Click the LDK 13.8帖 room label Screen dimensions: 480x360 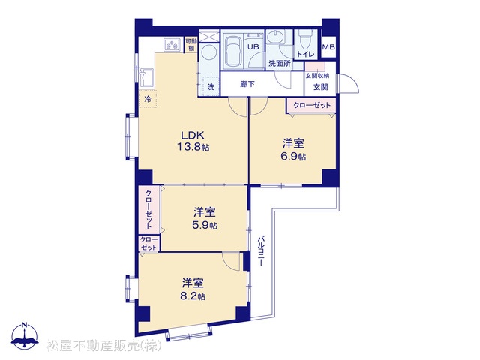coord(193,141)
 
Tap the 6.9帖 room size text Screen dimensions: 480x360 coord(293,157)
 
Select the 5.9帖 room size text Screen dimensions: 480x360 coord(205,225)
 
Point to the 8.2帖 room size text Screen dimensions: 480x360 coord(193,296)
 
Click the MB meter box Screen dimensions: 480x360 coord(328,47)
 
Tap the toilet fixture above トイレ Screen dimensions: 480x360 coord(305,39)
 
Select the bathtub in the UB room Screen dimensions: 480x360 coord(233,51)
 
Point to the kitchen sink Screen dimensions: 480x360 coord(146,79)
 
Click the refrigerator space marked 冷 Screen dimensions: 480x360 coord(148,99)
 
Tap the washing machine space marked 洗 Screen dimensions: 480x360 coord(211,87)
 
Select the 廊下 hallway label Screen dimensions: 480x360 coord(247,84)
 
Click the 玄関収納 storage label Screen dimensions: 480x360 coord(317,75)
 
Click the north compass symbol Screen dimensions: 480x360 coord(25,336)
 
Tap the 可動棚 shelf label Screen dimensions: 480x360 coord(191,45)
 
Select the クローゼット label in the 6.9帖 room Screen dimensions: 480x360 coord(312,105)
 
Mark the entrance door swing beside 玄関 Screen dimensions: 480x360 coord(349,83)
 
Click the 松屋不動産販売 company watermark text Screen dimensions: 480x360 coord(104,346)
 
